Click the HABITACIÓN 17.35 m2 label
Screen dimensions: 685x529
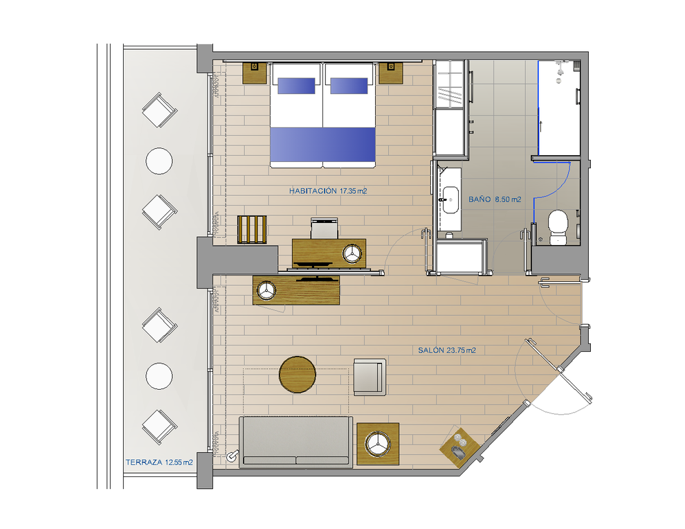pos(328,191)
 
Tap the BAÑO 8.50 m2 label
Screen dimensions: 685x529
pos(495,199)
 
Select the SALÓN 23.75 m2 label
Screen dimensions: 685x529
pos(446,350)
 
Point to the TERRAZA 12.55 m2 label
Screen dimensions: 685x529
pos(159,462)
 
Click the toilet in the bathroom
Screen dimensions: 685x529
pos(558,227)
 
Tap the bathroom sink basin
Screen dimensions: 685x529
pos(450,200)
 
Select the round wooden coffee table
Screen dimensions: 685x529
pos(298,374)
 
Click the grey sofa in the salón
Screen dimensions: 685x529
pos(295,442)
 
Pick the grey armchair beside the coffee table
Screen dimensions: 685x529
pos(369,377)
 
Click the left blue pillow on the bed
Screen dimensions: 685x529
pos(296,86)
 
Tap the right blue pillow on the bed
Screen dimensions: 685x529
pos(349,86)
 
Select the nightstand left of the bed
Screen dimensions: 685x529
pos(255,73)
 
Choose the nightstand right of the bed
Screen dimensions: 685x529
pos(390,73)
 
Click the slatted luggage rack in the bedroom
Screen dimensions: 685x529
pos(252,229)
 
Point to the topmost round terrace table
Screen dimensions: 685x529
pos(159,161)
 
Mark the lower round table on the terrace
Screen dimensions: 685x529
pos(159,376)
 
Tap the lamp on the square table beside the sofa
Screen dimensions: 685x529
pos(378,444)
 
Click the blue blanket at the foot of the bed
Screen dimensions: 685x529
pos(323,144)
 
